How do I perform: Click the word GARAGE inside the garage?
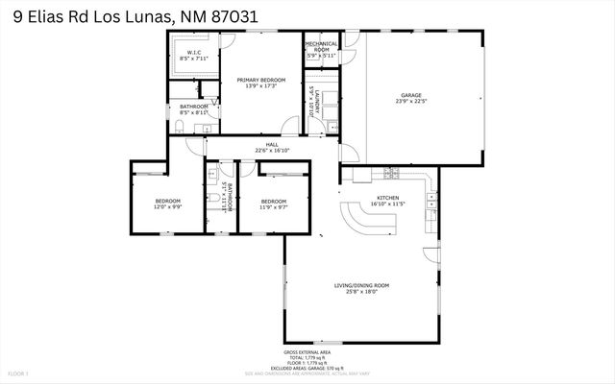(411, 95)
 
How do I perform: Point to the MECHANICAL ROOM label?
(322, 47)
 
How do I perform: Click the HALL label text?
(272, 144)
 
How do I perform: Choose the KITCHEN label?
(388, 197)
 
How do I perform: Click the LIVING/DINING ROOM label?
(361, 285)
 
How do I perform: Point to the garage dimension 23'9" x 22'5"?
(411, 102)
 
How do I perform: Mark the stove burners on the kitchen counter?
(391, 173)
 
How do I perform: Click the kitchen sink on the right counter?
(431, 201)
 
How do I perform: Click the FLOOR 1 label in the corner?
(18, 372)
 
